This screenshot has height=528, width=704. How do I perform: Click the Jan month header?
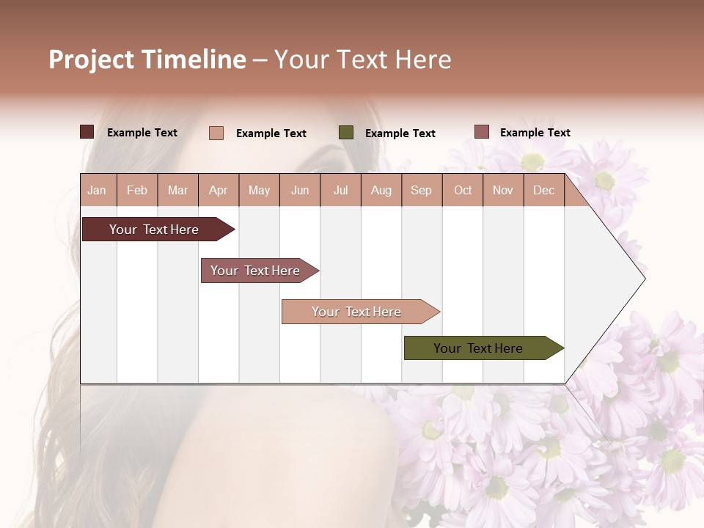[97, 190]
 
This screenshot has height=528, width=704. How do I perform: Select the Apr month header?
[218, 190]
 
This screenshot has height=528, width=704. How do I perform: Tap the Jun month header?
[300, 190]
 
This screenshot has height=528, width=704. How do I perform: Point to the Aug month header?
[381, 190]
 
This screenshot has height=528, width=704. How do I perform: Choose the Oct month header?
[463, 190]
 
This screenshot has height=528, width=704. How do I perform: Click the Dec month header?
[543, 190]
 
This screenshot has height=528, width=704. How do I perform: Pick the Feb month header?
[137, 190]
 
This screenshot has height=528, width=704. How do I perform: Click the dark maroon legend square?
[87, 132]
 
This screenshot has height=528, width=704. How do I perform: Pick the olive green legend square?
[346, 133]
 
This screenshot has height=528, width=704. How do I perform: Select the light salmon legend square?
[216, 133]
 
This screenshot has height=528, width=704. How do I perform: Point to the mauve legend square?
[482, 132]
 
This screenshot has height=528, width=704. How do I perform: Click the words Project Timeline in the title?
[147, 59]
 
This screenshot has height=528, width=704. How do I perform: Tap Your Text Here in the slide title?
[362, 59]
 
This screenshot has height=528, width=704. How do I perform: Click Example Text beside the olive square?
[400, 133]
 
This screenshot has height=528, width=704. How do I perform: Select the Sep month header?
[421, 190]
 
